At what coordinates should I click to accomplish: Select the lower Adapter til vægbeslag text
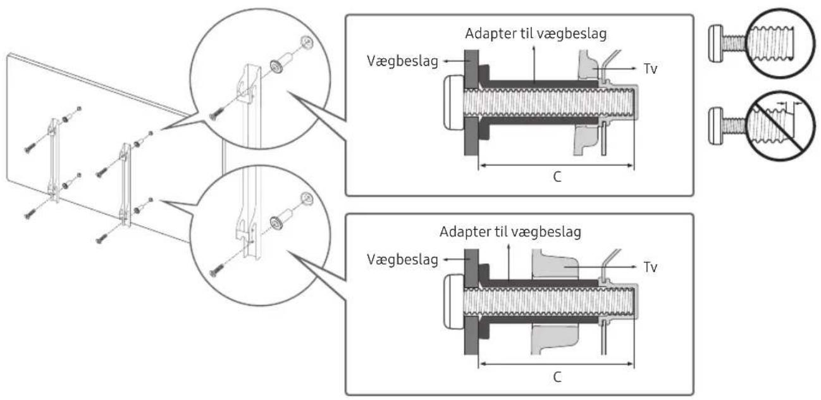coord(510,232)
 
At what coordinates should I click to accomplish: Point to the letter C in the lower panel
coord(557,375)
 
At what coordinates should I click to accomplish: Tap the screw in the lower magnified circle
coord(217,270)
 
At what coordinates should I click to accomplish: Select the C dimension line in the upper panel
coord(557,166)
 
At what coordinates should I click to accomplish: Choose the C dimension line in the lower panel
coord(557,364)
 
